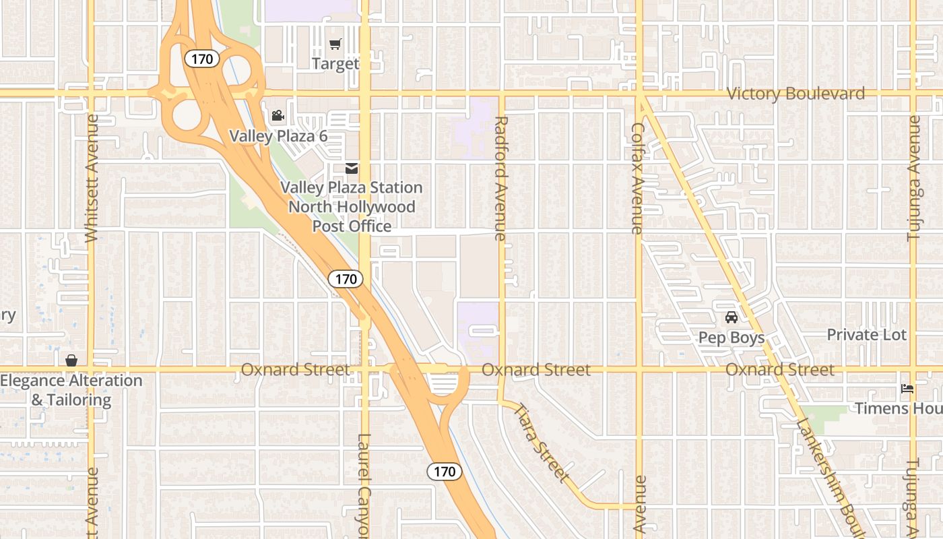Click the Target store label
click(x=335, y=64)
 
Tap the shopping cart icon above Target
click(x=335, y=44)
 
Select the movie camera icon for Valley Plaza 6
click(x=278, y=116)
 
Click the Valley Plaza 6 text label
click(x=278, y=136)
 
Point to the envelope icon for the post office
click(x=351, y=168)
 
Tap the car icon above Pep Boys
click(x=731, y=317)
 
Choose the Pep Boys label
click(x=731, y=338)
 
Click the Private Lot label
click(x=866, y=335)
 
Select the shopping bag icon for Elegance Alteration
click(x=71, y=361)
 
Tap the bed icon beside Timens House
click(x=907, y=389)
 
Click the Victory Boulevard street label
click(x=795, y=94)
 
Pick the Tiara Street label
click(x=542, y=441)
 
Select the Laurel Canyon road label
click(x=364, y=485)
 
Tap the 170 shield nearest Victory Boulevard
click(x=201, y=59)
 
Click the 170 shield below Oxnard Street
click(x=445, y=472)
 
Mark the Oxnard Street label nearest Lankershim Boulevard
click(x=779, y=370)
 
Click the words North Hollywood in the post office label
click(x=352, y=207)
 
